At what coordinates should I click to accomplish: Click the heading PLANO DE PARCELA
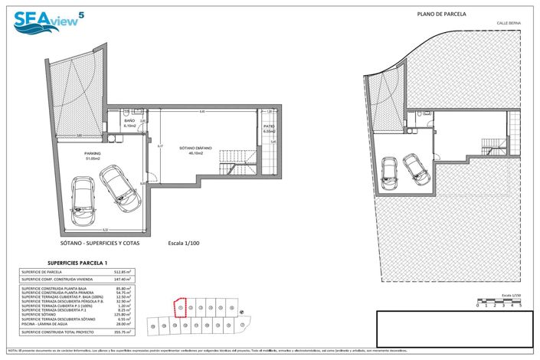pos(441,14)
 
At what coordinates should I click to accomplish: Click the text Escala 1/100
pos(184,244)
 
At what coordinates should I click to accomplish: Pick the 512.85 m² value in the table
pos(122,272)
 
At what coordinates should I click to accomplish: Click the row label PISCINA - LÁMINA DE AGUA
pos(51,323)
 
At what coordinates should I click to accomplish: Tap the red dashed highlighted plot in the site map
pos(181,307)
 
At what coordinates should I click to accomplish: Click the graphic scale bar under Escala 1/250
pos(499,300)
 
